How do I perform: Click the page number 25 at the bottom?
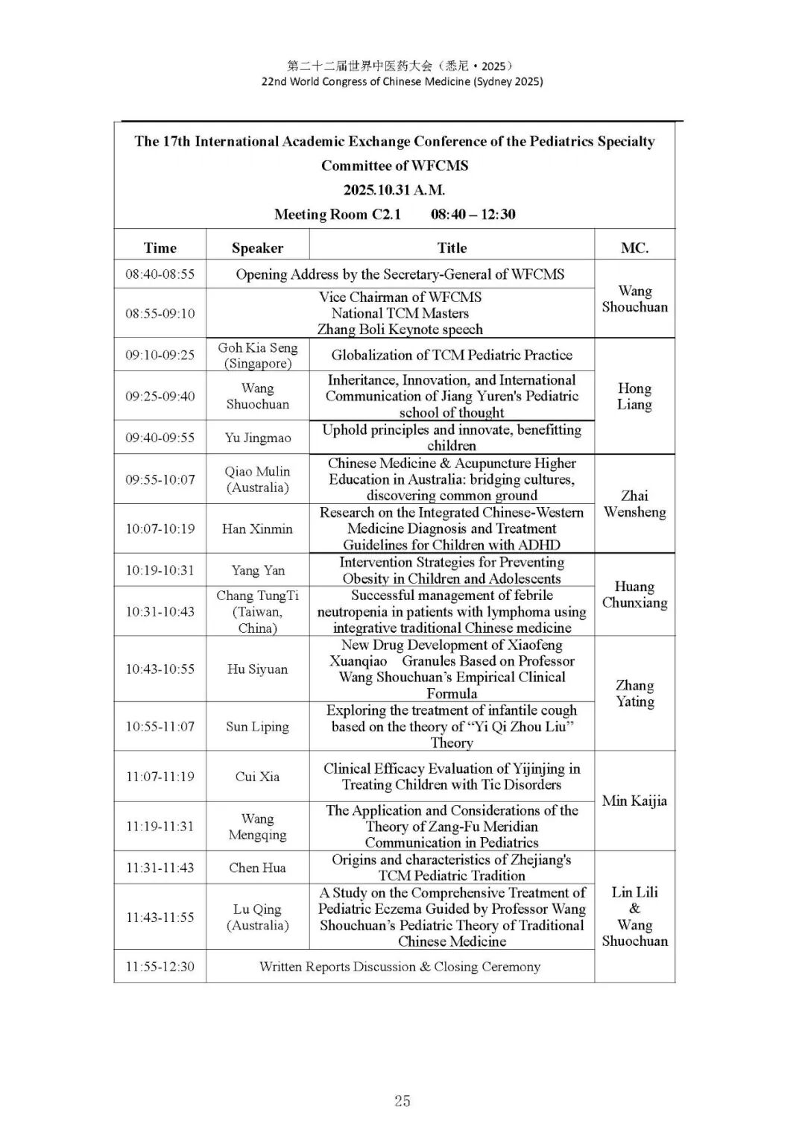click(x=402, y=1100)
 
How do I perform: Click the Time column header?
click(x=160, y=248)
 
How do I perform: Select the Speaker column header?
click(x=257, y=248)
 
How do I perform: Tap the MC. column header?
click(x=634, y=248)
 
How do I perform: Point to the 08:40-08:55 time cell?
click(x=160, y=274)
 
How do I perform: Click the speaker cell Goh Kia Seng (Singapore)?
click(x=257, y=356)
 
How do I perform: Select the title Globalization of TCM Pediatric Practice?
click(x=452, y=355)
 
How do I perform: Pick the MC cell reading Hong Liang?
click(x=634, y=396)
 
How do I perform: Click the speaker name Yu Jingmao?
click(x=257, y=438)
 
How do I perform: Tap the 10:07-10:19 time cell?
click(x=160, y=529)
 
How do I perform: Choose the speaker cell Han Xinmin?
click(x=257, y=529)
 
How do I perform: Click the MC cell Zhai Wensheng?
click(x=634, y=504)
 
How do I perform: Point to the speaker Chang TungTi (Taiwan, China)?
click(x=257, y=611)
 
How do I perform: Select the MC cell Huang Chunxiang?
click(x=634, y=595)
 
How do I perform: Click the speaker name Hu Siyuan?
click(x=257, y=669)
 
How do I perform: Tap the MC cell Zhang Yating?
click(x=634, y=693)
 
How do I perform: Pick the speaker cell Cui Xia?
click(x=257, y=776)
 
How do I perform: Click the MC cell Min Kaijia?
click(x=634, y=801)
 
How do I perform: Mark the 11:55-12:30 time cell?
click(x=160, y=966)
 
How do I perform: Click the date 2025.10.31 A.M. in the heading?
click(x=394, y=190)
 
